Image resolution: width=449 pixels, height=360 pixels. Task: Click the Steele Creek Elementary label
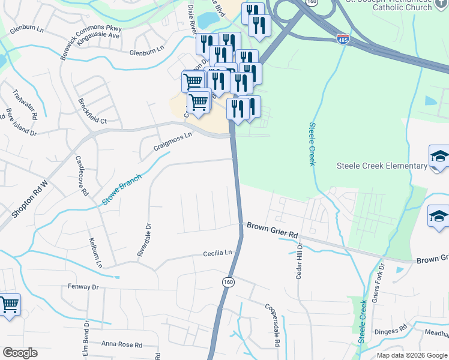[x=381, y=166]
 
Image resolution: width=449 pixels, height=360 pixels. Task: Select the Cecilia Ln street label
[x=217, y=254]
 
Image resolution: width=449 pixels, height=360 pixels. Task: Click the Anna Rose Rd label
[x=122, y=345]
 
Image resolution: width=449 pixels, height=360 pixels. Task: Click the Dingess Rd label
[x=390, y=329]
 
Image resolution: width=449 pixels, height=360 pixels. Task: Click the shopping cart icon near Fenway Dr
[x=9, y=305]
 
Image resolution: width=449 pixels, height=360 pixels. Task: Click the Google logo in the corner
[x=20, y=353]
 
